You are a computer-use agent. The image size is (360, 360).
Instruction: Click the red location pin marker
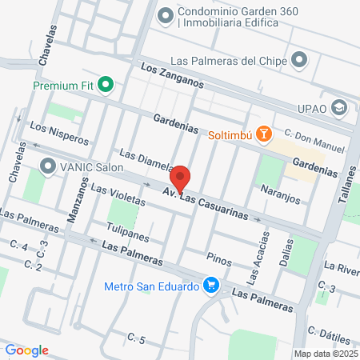coord(180,179)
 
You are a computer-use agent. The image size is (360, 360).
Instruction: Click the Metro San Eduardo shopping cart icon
coord(211,285)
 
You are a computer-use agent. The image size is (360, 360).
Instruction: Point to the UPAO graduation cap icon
coord(339,106)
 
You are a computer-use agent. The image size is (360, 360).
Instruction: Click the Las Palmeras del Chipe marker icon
coord(300,60)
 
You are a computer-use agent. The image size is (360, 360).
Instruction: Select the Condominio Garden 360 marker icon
coord(166,14)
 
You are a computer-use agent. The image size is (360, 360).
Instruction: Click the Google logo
coord(26,350)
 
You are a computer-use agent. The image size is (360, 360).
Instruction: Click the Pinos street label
coord(218,258)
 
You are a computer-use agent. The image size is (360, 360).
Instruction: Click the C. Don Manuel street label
coord(314,143)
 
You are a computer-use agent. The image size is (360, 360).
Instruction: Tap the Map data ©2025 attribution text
coord(326,353)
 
